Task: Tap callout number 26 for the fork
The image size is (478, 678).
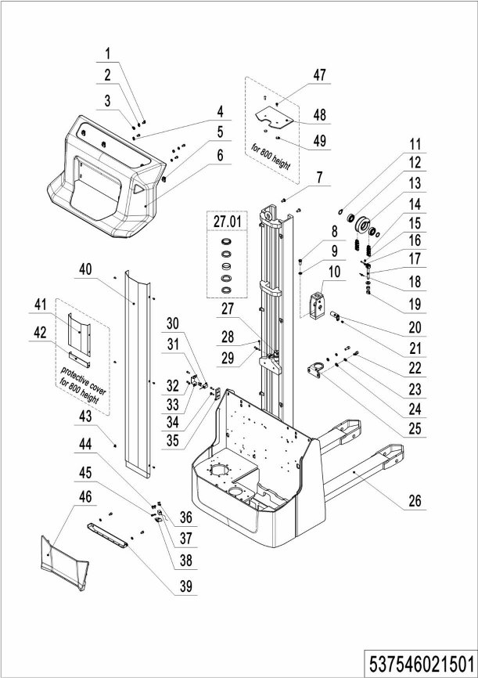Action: [x=415, y=501]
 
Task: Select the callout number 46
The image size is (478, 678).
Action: [x=85, y=496]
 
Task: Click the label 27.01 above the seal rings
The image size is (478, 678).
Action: [x=228, y=222]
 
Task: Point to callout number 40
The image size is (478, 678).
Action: [x=85, y=269]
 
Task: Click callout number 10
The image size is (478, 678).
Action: [x=335, y=272]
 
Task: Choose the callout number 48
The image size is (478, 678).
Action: [x=320, y=114]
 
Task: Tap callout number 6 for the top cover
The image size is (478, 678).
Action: [x=221, y=154]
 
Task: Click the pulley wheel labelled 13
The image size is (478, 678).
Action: [x=362, y=225]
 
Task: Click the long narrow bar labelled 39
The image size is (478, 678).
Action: [x=108, y=535]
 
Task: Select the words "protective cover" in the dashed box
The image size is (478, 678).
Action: [x=83, y=378]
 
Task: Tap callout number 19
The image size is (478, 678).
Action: [x=415, y=303]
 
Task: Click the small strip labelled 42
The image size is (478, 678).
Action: [x=79, y=357]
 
